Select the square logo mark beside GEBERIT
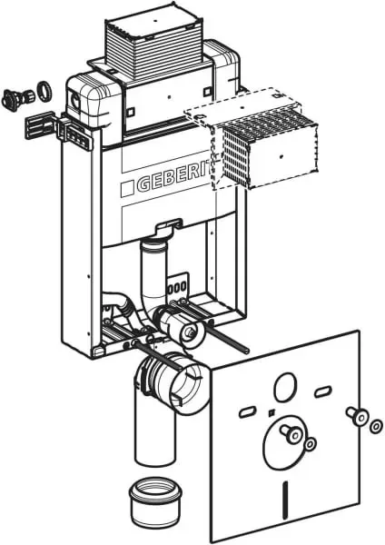(x=127, y=189)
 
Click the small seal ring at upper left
(x=45, y=91)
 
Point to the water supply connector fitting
(x=17, y=97)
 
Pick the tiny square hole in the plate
(x=271, y=413)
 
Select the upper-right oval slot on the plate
(x=323, y=391)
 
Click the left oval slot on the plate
(x=248, y=411)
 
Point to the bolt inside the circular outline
(x=291, y=433)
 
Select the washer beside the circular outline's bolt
(x=310, y=443)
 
